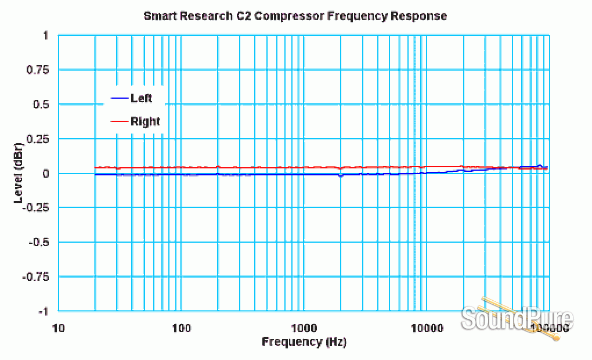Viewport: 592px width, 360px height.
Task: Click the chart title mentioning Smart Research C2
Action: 295,16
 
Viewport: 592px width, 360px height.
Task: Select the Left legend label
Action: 141,98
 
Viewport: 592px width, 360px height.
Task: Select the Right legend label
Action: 145,121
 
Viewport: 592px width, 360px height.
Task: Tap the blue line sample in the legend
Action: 118,98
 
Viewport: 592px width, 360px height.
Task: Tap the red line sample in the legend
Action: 118,121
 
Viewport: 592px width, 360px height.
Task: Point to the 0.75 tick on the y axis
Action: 38,70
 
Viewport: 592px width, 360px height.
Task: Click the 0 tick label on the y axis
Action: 45,174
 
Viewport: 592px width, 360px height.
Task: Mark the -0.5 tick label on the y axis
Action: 39,242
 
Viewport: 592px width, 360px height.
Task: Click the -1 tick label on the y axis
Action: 43,311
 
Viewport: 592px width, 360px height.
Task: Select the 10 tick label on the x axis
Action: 58,328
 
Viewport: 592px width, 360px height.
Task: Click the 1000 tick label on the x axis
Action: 304,328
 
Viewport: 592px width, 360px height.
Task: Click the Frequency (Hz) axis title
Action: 304,341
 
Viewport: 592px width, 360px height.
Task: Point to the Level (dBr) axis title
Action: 19,172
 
